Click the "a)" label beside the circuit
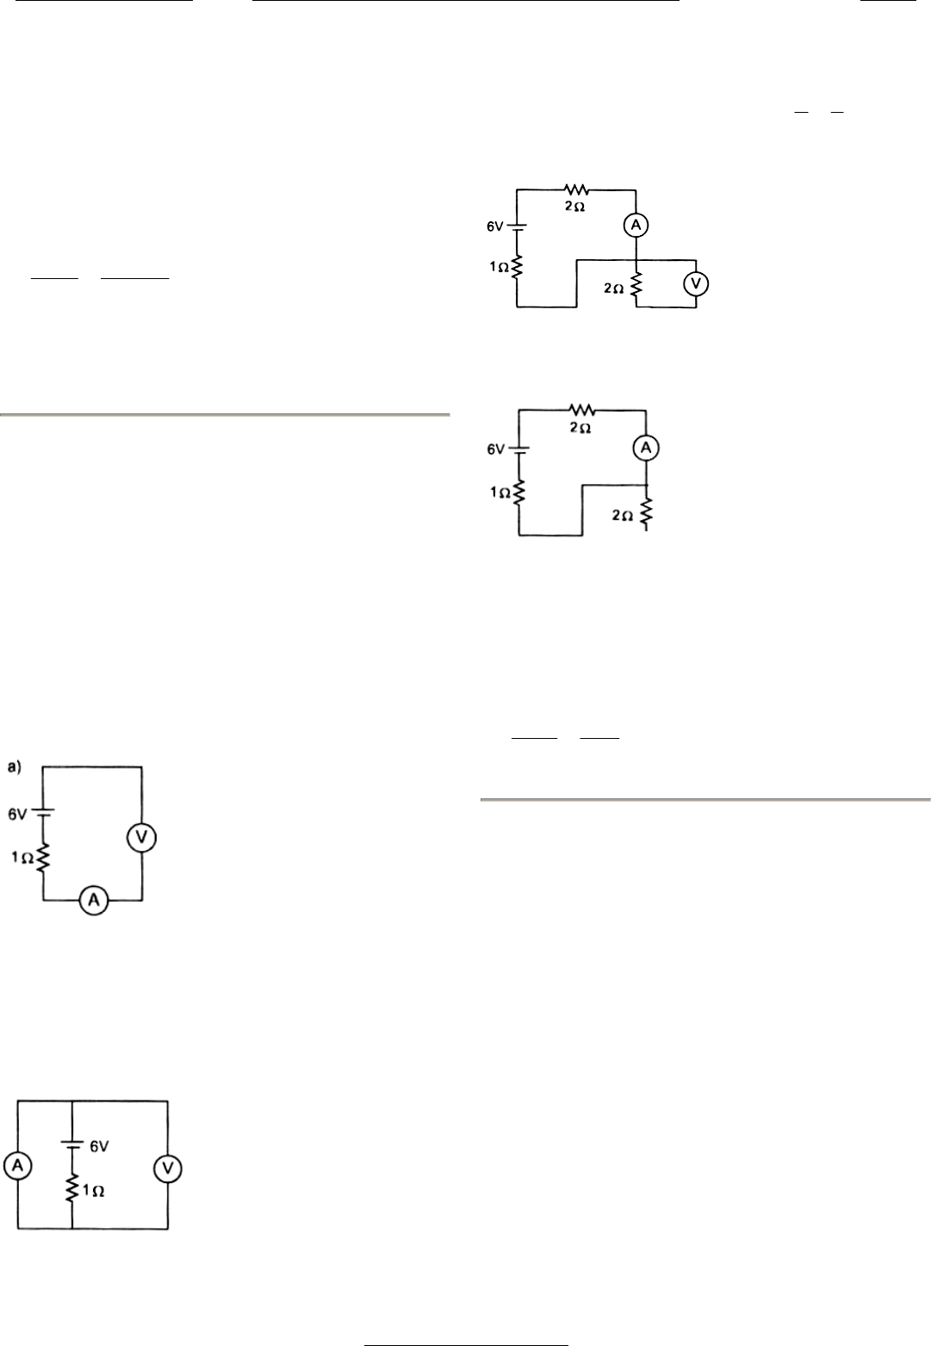[15, 766]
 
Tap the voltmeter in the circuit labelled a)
[141, 837]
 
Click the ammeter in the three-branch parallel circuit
[18, 1167]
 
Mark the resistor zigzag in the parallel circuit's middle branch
[71, 1190]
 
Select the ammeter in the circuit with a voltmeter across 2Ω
[636, 226]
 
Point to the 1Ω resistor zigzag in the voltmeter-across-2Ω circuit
[516, 267]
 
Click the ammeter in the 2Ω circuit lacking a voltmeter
[645, 448]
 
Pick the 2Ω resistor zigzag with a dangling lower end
[645, 513]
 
